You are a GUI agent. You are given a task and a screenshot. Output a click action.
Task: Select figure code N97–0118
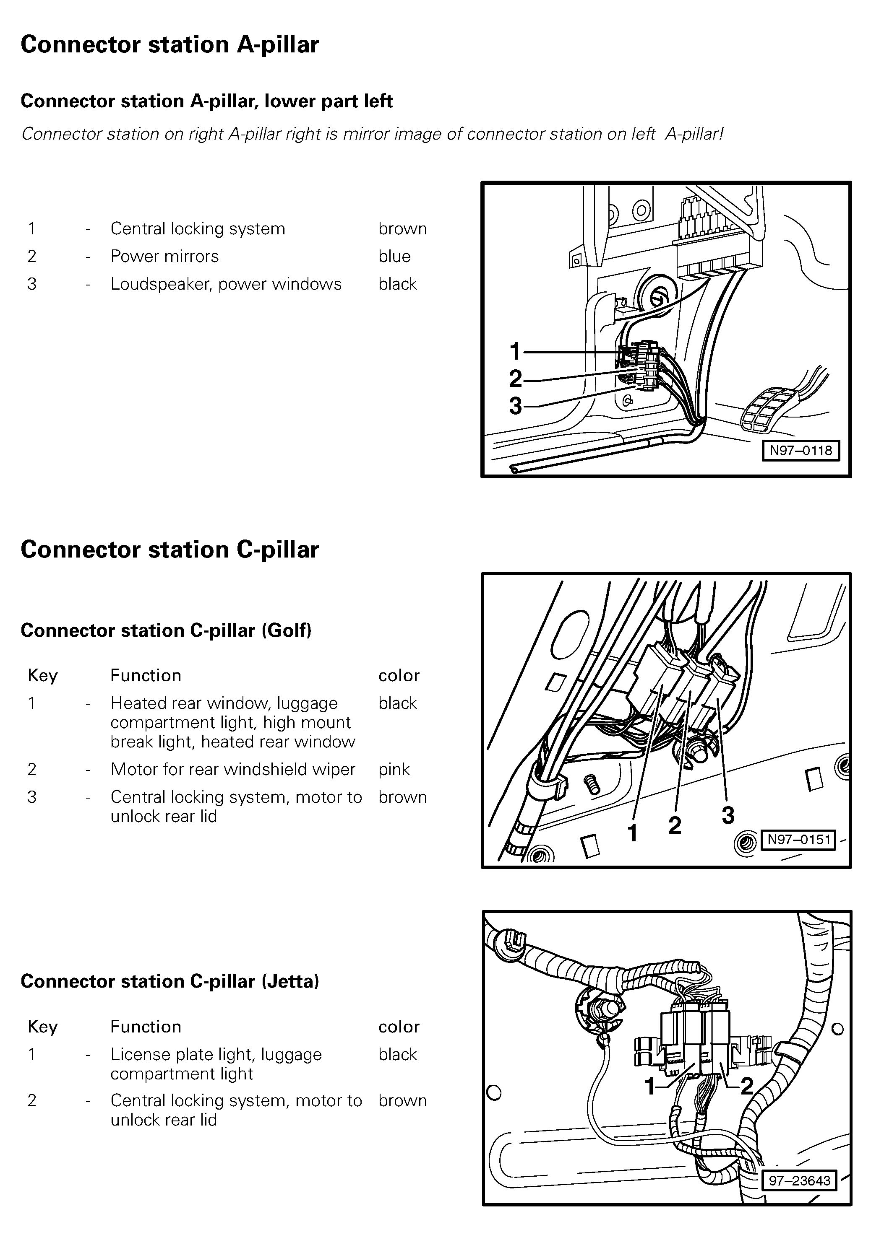(x=800, y=450)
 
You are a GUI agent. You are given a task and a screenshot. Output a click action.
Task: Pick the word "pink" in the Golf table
(x=394, y=770)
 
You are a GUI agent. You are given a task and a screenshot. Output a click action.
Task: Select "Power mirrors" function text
(x=164, y=256)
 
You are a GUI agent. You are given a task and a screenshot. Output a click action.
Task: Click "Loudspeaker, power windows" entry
(x=226, y=284)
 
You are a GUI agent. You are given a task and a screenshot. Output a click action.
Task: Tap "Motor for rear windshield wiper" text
(x=232, y=770)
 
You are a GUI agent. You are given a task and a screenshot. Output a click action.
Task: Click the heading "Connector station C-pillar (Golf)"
(x=166, y=630)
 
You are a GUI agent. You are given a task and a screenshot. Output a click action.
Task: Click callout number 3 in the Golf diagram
(x=728, y=815)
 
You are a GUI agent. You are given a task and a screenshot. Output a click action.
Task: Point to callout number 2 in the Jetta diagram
(x=747, y=1087)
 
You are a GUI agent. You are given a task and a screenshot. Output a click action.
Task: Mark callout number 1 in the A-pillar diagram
(x=515, y=351)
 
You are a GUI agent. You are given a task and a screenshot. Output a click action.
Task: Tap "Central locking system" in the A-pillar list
(x=198, y=228)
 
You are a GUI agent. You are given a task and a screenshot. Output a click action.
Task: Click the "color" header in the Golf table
(x=399, y=676)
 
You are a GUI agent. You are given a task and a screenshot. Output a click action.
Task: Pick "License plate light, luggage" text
(x=216, y=1055)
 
